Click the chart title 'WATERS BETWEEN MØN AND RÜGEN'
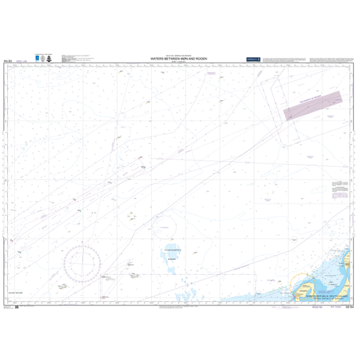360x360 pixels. pyautogui.click(x=179, y=58)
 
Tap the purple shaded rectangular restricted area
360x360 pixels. pyautogui.click(x=312, y=103)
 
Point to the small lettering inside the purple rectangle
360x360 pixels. pyautogui.click(x=312, y=103)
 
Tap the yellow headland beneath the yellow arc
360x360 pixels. pyautogui.click(x=301, y=296)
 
